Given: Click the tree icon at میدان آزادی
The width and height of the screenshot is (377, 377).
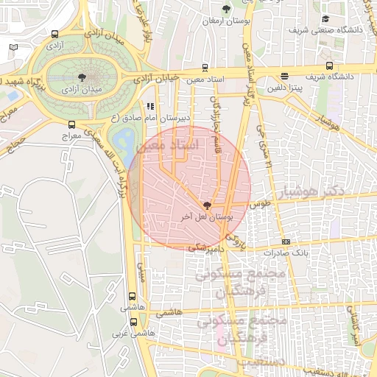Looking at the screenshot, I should point(81,76).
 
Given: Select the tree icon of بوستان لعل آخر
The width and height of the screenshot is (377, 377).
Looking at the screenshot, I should point(206,205).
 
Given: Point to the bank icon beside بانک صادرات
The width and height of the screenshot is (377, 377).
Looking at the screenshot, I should point(286,242).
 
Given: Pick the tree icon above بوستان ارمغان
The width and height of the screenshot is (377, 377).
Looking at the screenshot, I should point(226,9).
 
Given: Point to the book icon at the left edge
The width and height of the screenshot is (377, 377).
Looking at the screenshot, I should point(13,47).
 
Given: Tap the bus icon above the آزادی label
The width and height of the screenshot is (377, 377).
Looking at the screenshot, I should point(55,33).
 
